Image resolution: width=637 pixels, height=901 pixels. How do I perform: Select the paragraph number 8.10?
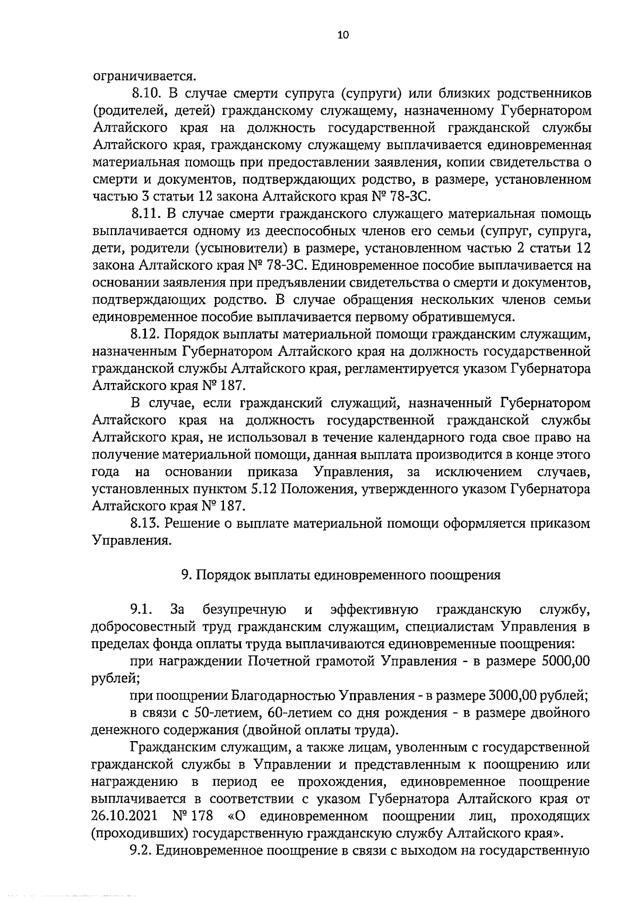(x=146, y=94)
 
